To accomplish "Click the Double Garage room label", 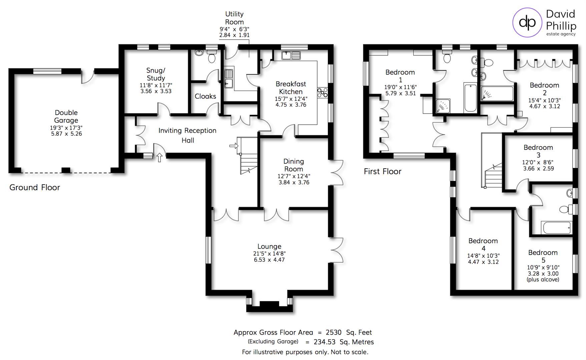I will pos(66,117).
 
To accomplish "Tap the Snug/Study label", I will pos(156,74).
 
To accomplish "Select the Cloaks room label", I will pos(205,96).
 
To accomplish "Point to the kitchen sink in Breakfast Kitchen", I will pos(291,55).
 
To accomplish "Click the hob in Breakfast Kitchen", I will pos(322,92).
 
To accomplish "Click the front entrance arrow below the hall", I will pos(159,157).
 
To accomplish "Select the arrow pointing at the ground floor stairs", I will pos(234,146).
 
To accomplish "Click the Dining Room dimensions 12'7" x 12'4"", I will pos(294,176).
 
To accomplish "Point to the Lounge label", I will pos(269,246).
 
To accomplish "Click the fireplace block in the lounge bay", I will pos(269,304).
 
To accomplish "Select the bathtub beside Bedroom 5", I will pos(557,228).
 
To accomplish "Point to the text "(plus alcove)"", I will pos(543,280).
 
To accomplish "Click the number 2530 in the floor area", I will pos(334,332).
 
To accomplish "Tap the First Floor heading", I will pos(382,171).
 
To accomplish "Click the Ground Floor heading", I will pos(35,187).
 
